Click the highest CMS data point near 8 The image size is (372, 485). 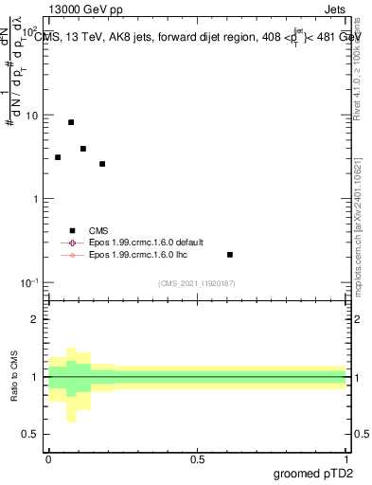pyautogui.click(x=71, y=122)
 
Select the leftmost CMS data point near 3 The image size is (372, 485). pyautogui.click(x=58, y=157)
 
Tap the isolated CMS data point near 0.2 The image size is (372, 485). pyautogui.click(x=230, y=255)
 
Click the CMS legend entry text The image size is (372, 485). pyautogui.click(x=98, y=230)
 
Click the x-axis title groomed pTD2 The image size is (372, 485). pyautogui.click(x=319, y=473)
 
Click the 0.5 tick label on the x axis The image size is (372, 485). pyautogui.click(x=197, y=459)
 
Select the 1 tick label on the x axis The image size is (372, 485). pyautogui.click(x=345, y=459)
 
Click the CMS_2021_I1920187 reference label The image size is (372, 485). pyautogui.click(x=197, y=283)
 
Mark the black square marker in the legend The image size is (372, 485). pyautogui.click(x=72, y=230)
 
